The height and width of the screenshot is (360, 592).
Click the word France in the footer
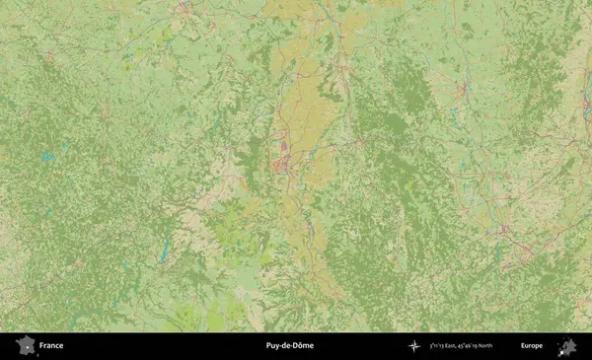click(x=51, y=346)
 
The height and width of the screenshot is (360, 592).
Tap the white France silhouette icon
click(x=25, y=346)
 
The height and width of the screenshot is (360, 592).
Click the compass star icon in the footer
click(x=413, y=346)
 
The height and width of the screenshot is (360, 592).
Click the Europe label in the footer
click(x=532, y=346)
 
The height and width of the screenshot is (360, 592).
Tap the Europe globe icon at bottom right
click(x=567, y=346)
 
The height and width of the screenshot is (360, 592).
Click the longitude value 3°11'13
click(x=435, y=346)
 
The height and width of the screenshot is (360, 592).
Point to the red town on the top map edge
click(x=185, y=8)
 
